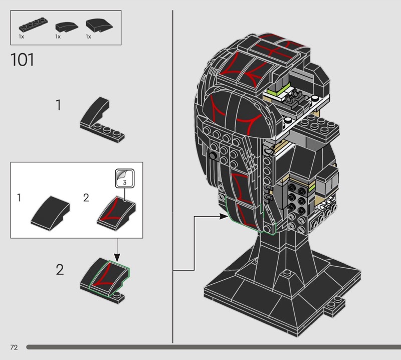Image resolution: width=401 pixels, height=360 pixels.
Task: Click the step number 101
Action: (x=22, y=60)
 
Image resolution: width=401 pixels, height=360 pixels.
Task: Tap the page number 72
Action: (x=14, y=347)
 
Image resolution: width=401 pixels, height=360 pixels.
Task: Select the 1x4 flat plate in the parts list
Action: (x=31, y=25)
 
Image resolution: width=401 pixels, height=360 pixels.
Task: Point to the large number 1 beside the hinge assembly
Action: (x=59, y=106)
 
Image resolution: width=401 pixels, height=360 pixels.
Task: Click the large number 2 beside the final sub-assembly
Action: (x=60, y=271)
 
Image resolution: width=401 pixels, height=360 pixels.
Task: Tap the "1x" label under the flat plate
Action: (x=21, y=37)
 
